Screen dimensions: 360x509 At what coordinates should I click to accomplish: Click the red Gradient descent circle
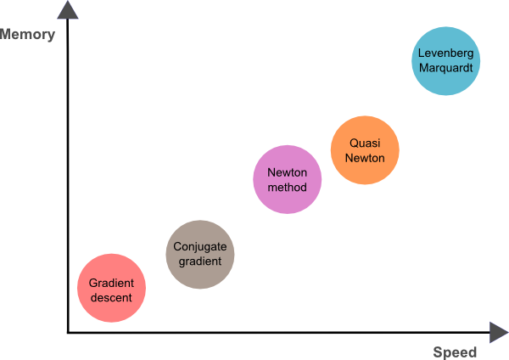click(111, 288)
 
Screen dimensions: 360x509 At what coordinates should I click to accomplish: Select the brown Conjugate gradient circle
click(200, 254)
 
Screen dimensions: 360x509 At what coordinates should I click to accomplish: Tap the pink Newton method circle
click(288, 179)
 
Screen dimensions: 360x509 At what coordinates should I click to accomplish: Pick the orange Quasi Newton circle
click(365, 150)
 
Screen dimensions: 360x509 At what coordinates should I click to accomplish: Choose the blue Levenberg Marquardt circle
click(446, 60)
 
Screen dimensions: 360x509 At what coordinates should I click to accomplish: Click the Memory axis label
click(28, 35)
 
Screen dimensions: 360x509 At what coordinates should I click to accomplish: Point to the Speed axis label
click(455, 352)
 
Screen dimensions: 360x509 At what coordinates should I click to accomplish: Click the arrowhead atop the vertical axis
click(67, 10)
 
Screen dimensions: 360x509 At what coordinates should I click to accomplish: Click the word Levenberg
click(446, 53)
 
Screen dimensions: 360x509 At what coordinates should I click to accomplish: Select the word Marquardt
click(446, 67)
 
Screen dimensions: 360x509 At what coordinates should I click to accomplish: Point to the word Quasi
click(365, 143)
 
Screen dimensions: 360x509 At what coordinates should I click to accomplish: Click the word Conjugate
click(200, 247)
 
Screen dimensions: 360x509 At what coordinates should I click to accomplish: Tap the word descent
click(111, 297)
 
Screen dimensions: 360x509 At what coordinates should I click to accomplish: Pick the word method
click(288, 187)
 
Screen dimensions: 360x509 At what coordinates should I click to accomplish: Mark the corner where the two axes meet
click(67, 333)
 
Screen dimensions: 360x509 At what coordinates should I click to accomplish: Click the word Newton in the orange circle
click(365, 158)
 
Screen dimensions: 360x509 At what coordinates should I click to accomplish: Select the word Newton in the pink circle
click(288, 172)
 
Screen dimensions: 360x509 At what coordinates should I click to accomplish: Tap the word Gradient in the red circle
click(111, 282)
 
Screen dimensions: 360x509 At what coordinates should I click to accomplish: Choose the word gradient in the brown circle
click(200, 262)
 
